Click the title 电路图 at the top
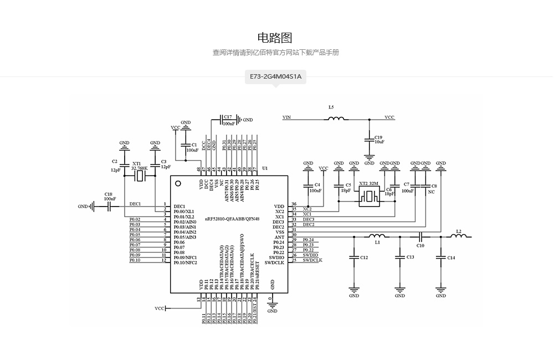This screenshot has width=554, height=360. pos(275,38)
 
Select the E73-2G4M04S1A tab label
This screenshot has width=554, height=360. pos(275,76)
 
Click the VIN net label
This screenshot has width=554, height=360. pos(286,117)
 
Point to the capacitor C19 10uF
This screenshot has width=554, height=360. pos(369,140)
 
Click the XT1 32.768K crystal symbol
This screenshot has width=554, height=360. pos(140,176)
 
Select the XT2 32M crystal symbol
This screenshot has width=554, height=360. pos(368,197)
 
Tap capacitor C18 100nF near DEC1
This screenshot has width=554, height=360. pos(110,206)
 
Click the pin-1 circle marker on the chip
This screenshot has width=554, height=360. pos(178,183)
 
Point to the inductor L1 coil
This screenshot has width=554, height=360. pos(378,236)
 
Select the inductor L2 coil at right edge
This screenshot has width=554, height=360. pos(458,236)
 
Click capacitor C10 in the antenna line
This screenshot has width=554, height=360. pos(420,237)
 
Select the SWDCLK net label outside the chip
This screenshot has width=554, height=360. pos(312,260)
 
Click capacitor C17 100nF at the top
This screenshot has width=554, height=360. pos(228,120)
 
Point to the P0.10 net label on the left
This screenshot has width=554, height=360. pos(135,260)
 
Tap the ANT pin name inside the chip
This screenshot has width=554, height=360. pos(279,237)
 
